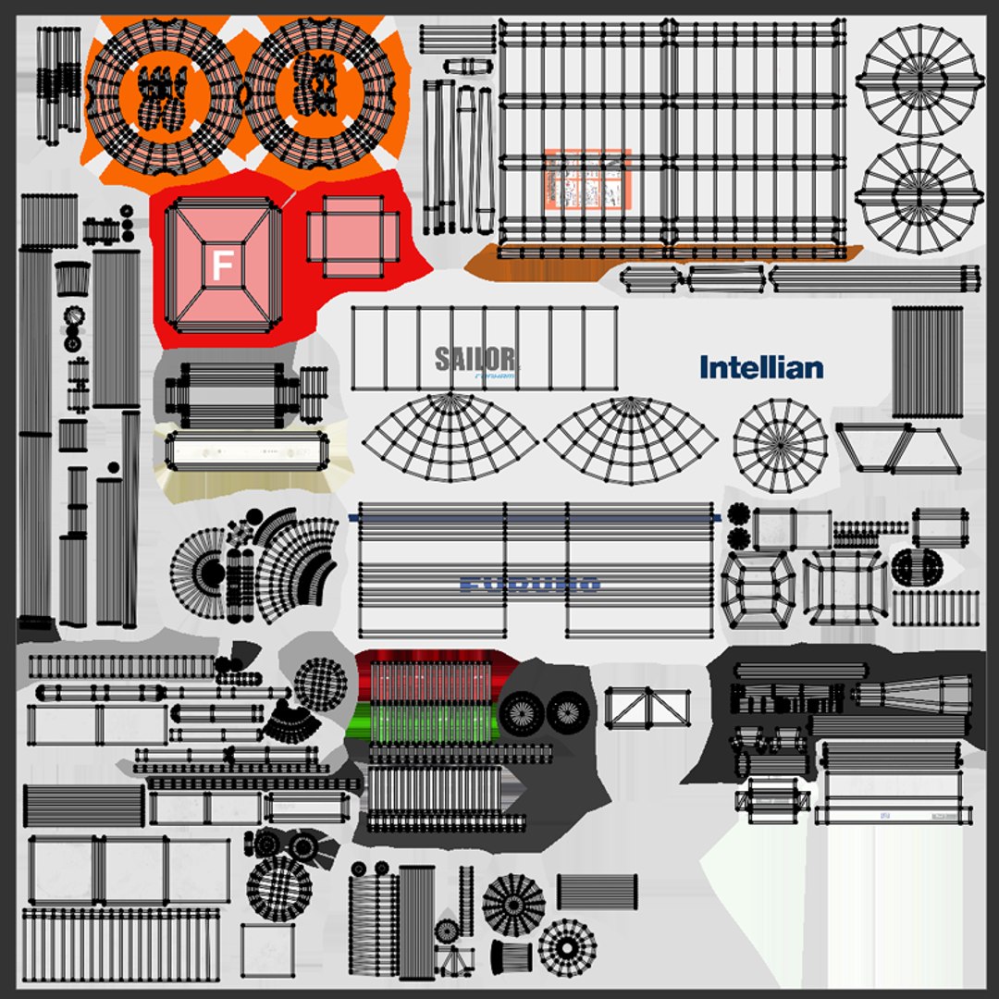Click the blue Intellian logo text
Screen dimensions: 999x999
(761, 367)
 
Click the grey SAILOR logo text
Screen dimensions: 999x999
(475, 359)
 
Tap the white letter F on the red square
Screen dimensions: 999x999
(221, 265)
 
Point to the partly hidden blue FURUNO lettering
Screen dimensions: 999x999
(529, 584)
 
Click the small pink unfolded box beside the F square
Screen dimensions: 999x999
(352, 237)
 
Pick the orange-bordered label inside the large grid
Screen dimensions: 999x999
(586, 178)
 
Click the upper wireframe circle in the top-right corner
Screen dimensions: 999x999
(918, 80)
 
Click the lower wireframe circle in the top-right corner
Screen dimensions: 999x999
(918, 196)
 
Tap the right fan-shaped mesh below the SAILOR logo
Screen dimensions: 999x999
(631, 438)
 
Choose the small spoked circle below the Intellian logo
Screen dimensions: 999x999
(780, 445)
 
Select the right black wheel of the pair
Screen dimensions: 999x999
(566, 712)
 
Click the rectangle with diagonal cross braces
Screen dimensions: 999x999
(647, 708)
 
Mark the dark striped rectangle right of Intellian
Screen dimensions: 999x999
(926, 362)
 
